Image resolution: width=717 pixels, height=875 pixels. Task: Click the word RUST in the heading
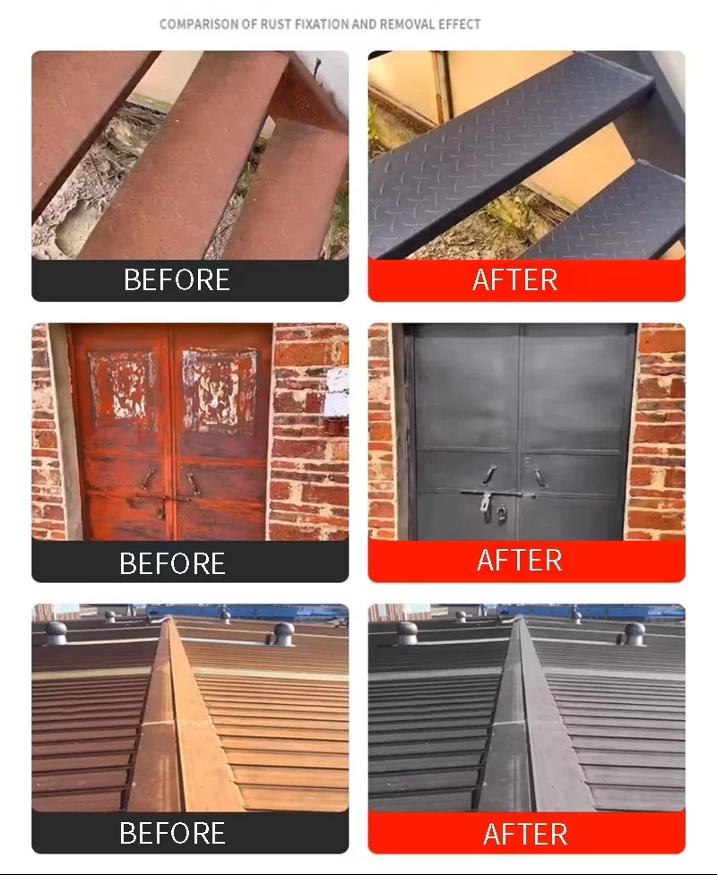tap(276, 24)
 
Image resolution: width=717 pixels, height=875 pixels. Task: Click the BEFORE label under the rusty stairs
tap(177, 279)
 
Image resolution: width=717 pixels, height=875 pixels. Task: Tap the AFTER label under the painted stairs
tap(514, 279)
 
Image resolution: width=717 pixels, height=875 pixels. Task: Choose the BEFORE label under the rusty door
tap(173, 563)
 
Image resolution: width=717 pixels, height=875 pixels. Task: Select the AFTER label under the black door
tap(519, 561)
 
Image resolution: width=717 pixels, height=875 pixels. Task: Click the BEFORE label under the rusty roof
tap(173, 833)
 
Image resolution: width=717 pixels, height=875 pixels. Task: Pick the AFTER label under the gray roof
tap(525, 835)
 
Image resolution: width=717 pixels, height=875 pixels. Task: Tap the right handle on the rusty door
tap(192, 484)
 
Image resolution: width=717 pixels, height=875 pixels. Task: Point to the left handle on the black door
tap(489, 475)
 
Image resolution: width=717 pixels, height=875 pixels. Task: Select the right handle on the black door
tap(539, 478)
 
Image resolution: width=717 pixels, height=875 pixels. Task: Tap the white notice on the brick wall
tap(336, 393)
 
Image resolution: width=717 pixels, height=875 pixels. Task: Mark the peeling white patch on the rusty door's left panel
tap(121, 384)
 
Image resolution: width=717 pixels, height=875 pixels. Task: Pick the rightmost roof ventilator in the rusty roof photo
tap(283, 633)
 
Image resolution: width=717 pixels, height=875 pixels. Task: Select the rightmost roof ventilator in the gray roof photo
tap(634, 634)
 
